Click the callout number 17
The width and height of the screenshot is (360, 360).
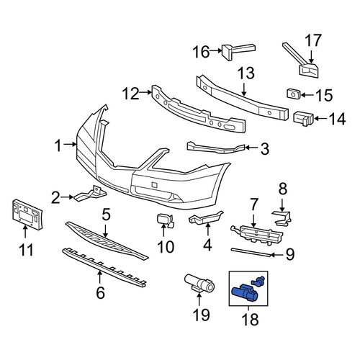(x=313, y=40)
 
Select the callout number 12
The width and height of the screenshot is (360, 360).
(x=130, y=94)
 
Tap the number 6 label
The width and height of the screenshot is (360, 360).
(x=100, y=292)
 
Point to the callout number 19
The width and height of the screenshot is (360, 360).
(x=201, y=315)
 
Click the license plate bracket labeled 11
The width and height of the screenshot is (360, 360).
(x=27, y=215)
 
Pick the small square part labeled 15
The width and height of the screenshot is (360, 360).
(x=294, y=94)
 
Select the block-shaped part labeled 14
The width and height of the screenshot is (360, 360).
(x=304, y=119)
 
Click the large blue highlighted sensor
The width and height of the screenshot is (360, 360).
(x=243, y=292)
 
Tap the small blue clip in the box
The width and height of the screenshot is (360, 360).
(x=258, y=281)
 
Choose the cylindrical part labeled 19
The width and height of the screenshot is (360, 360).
(x=199, y=284)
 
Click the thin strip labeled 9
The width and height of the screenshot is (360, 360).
(x=251, y=253)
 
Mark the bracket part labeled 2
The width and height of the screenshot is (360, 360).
(x=90, y=194)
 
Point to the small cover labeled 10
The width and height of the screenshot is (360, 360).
(x=165, y=220)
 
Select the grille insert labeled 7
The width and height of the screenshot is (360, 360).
(x=257, y=234)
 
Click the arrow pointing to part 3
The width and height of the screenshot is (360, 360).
(x=251, y=147)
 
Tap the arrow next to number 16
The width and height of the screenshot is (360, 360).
(x=215, y=50)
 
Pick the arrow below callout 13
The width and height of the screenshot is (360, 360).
(x=243, y=89)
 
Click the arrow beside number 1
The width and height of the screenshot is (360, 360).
(x=70, y=144)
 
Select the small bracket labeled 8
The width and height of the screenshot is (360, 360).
(x=282, y=217)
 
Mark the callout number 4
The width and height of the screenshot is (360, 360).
(x=207, y=245)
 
